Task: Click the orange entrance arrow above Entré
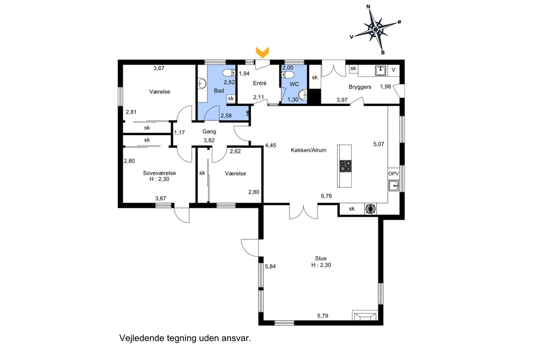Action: pos(262,52)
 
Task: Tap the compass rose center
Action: pos(376,30)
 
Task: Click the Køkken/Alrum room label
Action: pos(309,150)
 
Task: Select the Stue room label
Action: pos(321,258)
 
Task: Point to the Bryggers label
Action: pos(360,87)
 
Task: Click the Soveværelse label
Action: pos(160,173)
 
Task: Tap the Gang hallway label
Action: pos(209,131)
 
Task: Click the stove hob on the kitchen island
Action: pos(345,166)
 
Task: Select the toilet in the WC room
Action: pos(288,75)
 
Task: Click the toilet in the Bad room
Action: pos(229,73)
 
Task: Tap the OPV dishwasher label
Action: pos(393,174)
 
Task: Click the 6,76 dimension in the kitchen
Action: pos(326,196)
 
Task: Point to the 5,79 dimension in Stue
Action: pos(323,316)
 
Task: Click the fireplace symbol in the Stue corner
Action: pos(365,316)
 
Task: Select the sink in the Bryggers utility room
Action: pos(380,70)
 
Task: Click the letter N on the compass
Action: pos(368,6)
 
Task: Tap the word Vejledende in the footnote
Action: pos(142,338)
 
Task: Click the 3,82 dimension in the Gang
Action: pos(209,140)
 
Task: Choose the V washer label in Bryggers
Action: pos(393,70)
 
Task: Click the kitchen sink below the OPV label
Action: pos(394,186)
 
